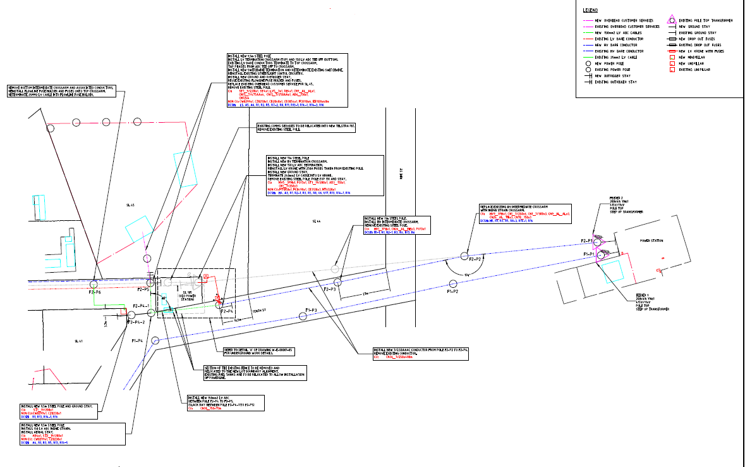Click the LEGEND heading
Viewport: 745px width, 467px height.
pos(590,10)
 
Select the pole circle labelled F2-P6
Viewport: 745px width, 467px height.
pos(94,285)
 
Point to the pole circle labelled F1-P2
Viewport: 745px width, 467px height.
pos(452,283)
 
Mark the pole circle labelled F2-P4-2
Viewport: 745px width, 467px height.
pos(131,314)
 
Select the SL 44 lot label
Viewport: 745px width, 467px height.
pos(317,221)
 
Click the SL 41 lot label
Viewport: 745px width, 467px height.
pos(79,341)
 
